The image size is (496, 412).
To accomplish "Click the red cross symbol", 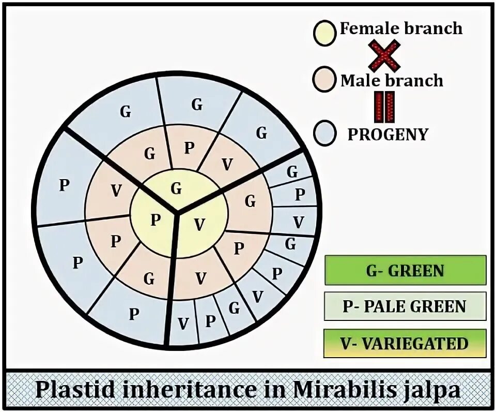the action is (385, 55).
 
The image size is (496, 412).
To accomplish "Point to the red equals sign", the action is (384, 107).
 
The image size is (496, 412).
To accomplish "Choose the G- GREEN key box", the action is (405, 270).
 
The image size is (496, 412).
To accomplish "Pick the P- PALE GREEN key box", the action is (405, 306).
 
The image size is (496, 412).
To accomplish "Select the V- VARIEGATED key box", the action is (405, 343).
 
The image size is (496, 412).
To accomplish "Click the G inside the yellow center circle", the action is (176, 189).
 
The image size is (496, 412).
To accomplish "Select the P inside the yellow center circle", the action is (155, 220).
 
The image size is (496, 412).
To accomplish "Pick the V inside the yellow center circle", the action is (199, 225).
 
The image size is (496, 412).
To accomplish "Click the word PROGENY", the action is (388, 134).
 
